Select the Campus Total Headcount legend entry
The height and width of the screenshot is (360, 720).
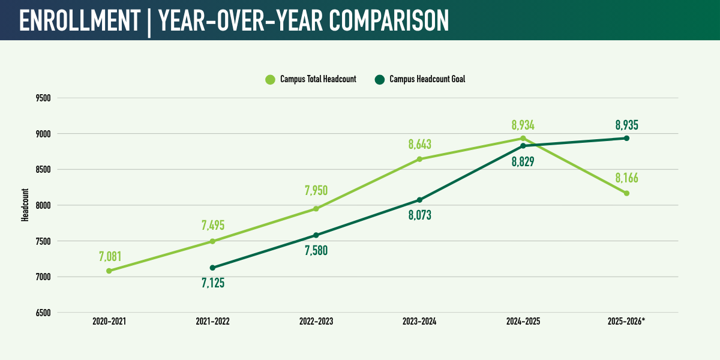[x=311, y=79]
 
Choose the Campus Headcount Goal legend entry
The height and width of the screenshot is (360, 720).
[x=420, y=79]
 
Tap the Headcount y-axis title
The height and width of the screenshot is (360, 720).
[x=25, y=205]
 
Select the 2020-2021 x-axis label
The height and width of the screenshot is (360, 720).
[x=109, y=322]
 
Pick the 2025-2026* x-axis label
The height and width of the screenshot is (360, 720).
[x=626, y=322]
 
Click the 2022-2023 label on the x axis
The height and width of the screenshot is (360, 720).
[x=316, y=322]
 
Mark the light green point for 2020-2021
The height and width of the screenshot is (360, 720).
[x=109, y=271]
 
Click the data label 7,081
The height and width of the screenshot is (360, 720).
[x=110, y=257]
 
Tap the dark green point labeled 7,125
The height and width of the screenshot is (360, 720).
[x=212, y=268]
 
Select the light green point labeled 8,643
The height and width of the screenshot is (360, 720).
[x=419, y=159]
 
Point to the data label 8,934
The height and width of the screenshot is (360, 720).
[x=523, y=125]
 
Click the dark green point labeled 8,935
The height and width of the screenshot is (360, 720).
[x=626, y=138]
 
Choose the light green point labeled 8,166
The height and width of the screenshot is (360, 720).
[x=626, y=193]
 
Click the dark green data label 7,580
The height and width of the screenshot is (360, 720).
[x=316, y=250]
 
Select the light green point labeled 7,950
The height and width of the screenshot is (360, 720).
[x=316, y=209]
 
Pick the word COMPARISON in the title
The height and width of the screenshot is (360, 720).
[x=389, y=20]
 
